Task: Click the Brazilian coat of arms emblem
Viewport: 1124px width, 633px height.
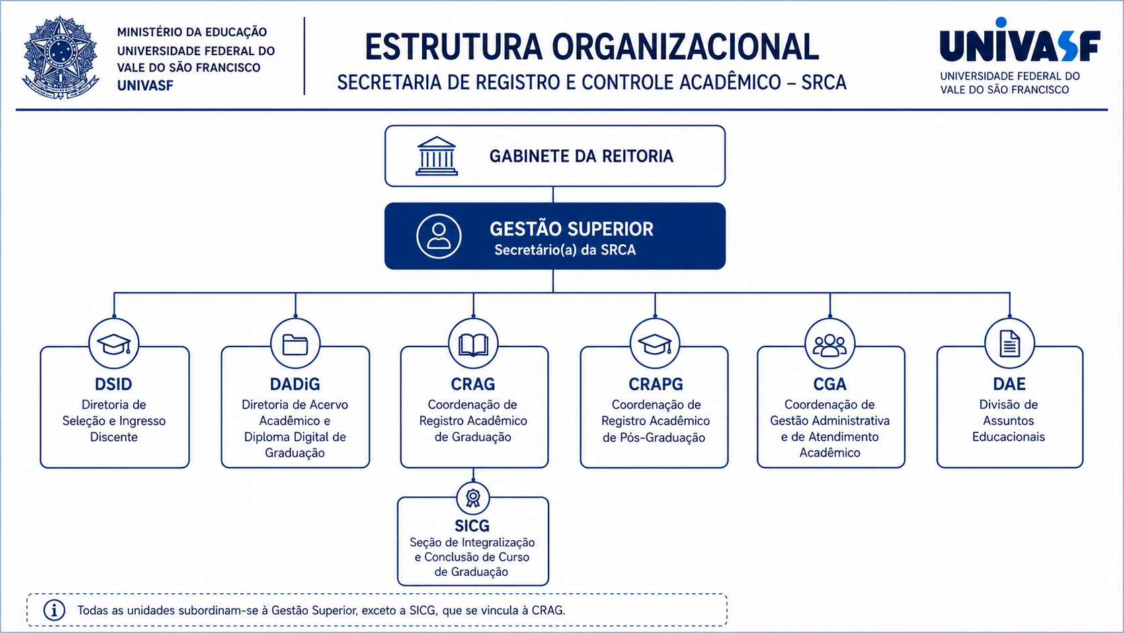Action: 61,57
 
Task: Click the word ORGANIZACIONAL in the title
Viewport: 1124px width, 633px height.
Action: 686,47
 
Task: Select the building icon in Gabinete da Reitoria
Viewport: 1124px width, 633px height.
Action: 436,156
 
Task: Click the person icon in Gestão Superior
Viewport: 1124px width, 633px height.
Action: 439,236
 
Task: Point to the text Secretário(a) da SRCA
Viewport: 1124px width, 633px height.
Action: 565,250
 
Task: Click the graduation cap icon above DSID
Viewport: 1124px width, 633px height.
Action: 114,344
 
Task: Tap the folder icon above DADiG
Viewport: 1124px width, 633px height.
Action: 295,344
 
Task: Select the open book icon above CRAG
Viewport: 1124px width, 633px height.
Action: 473,345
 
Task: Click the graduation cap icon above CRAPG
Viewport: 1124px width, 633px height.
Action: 655,344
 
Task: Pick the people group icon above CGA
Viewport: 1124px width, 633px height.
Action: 830,345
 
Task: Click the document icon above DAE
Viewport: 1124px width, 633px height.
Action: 1010,344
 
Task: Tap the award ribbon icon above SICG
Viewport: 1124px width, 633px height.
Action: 473,498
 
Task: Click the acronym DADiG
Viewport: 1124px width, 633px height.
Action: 295,384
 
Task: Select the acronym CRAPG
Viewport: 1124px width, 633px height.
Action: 656,384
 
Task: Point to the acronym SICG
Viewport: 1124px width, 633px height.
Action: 472,525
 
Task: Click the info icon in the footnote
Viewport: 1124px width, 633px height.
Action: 54,610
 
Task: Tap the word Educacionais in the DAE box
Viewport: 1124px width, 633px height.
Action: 1008,437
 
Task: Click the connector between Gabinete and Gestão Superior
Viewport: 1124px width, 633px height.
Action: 553,195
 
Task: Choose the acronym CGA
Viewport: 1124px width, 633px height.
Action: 830,384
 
